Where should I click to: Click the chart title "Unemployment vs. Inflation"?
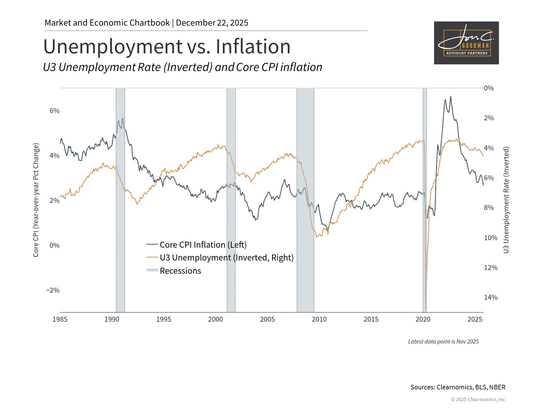(x=167, y=46)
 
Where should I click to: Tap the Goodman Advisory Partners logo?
(x=466, y=43)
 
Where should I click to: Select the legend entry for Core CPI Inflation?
(x=203, y=245)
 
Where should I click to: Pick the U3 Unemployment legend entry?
(x=226, y=258)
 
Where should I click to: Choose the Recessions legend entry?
(x=180, y=271)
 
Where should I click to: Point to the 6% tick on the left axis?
(x=54, y=111)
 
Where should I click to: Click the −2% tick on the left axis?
(x=53, y=290)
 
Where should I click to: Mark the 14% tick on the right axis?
(x=490, y=298)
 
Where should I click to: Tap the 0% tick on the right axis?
(x=489, y=88)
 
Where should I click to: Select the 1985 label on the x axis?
(x=60, y=319)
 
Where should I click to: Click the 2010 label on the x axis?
(x=319, y=319)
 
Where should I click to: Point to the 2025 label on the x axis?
(x=475, y=319)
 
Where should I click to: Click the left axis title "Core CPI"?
(x=36, y=200)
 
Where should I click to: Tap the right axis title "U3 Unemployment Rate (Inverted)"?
(x=506, y=200)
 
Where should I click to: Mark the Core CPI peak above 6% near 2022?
(x=451, y=97)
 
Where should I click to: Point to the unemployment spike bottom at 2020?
(x=426, y=308)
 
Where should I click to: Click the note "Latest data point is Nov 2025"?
(x=443, y=342)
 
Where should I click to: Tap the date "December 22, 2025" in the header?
(x=212, y=23)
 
